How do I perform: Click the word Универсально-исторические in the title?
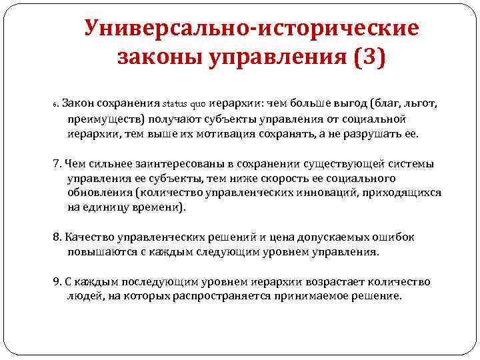pos(252,29)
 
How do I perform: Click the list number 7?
pos(56,164)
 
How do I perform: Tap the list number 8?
pos(56,238)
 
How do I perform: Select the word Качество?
pos(87,238)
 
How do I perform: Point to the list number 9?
pos(56,281)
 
